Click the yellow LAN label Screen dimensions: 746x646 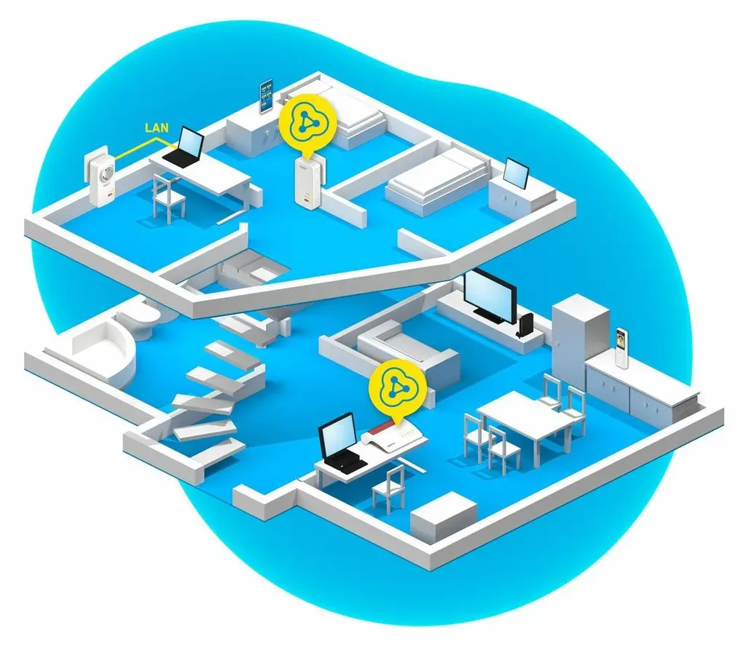coord(157,127)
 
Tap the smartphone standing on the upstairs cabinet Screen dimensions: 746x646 coord(266,97)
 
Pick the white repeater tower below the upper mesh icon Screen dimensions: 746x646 coord(307,183)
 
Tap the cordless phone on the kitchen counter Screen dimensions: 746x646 coord(621,347)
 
